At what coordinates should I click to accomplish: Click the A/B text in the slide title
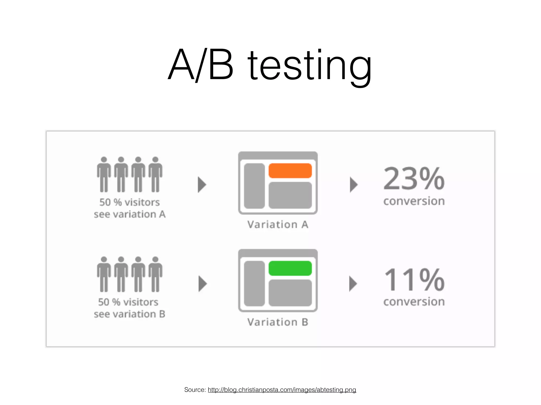click(201, 65)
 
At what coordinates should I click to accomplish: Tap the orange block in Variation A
click(290, 171)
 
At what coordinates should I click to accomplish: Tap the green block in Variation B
click(290, 268)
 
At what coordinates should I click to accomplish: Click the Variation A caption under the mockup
click(278, 225)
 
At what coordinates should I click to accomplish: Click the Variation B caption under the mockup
click(278, 322)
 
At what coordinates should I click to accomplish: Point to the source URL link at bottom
click(282, 390)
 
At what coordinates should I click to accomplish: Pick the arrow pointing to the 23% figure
click(353, 185)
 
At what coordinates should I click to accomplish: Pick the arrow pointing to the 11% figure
click(353, 284)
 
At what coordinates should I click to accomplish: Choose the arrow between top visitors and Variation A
click(202, 185)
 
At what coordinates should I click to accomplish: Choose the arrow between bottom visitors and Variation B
click(202, 284)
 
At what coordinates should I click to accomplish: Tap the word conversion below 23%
click(414, 201)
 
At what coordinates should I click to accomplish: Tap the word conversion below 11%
click(414, 302)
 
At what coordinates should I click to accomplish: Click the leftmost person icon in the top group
click(104, 175)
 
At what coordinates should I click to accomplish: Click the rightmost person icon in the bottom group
click(155, 274)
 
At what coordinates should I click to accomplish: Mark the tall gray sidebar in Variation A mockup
click(254, 186)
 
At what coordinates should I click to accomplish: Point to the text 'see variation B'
click(129, 314)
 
